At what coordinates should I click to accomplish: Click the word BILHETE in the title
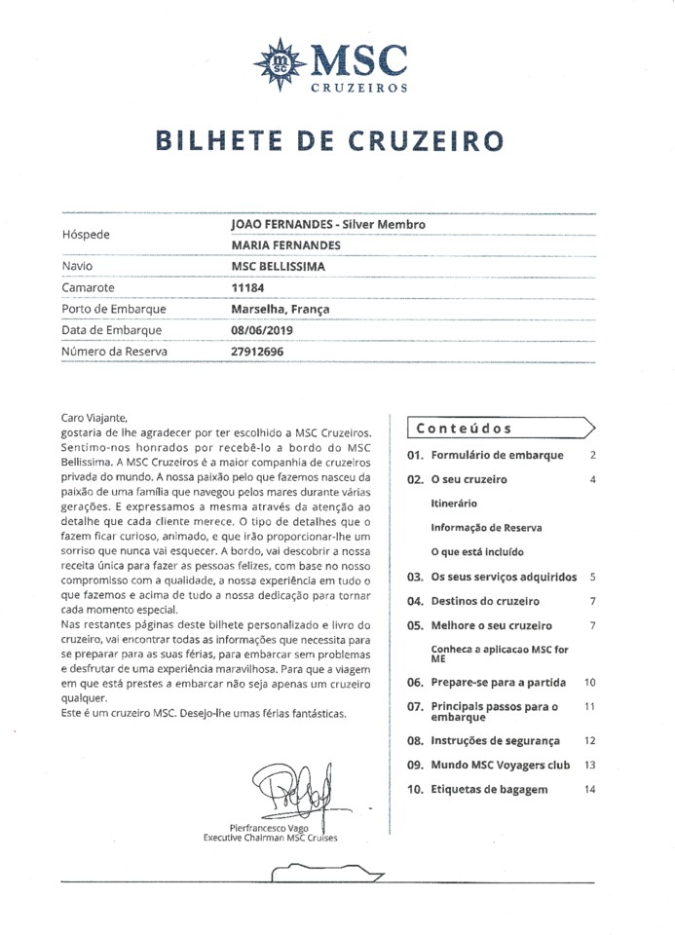coord(223,141)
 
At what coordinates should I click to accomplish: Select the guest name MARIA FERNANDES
coord(285,244)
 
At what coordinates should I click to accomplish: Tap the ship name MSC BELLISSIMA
coord(279,266)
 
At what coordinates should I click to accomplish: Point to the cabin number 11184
coord(248,287)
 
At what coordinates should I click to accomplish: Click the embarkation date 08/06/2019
coord(262,330)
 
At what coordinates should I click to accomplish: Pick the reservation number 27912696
coord(258,352)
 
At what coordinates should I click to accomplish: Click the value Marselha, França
coord(281,309)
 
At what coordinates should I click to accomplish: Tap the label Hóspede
coord(86,234)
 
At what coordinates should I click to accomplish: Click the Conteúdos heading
coord(464,429)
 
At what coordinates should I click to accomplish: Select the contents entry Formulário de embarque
coord(497,455)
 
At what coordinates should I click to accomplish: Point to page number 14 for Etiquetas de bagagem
coord(589,789)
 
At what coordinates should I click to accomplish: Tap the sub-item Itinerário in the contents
coord(454,504)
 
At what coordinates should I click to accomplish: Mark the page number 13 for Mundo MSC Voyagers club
coord(589,765)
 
